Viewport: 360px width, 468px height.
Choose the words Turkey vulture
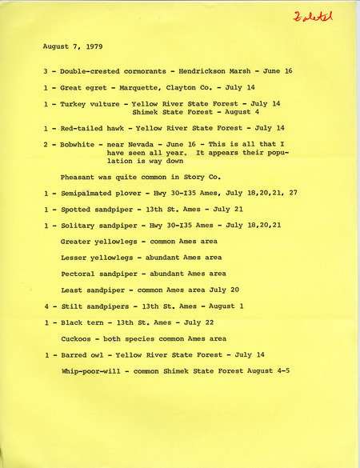[90, 104]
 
